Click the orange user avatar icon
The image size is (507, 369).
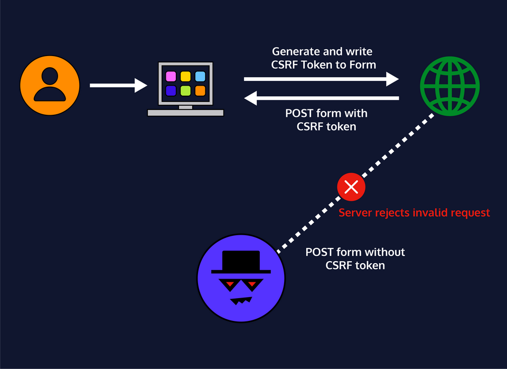pyautogui.click(x=50, y=85)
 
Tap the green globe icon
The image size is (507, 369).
pyautogui.click(x=450, y=85)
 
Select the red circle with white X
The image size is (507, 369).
pyautogui.click(x=351, y=187)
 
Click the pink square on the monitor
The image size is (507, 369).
pyautogui.click(x=171, y=76)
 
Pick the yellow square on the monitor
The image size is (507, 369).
pyautogui.click(x=185, y=76)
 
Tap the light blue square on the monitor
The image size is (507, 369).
pyautogui.click(x=200, y=76)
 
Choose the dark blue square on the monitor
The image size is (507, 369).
pyautogui.click(x=171, y=91)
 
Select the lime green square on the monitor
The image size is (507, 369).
pyautogui.click(x=185, y=91)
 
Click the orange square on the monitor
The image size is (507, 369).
pyautogui.click(x=200, y=91)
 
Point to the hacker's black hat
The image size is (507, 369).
pyautogui.click(x=241, y=262)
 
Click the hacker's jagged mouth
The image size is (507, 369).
pyautogui.click(x=241, y=301)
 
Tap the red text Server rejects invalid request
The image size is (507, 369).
pyautogui.click(x=414, y=213)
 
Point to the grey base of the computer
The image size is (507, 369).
pyautogui.click(x=185, y=113)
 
